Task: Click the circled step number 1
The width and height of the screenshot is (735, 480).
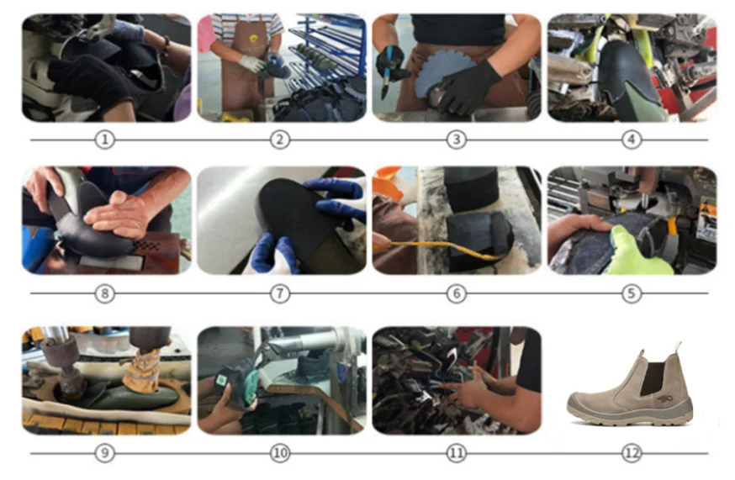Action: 105,140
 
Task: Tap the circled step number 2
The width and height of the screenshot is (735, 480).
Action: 280,140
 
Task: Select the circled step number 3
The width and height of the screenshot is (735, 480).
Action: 456,140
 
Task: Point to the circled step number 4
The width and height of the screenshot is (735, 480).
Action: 632,140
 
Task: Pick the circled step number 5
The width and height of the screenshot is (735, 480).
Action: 632,293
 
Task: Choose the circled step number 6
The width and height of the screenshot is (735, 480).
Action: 456,293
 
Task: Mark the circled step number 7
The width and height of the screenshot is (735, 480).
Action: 280,293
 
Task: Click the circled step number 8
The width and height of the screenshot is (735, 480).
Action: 105,293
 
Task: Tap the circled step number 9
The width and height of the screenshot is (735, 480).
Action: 105,453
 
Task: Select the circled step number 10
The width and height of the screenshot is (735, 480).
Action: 280,453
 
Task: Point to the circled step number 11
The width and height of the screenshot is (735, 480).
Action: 456,453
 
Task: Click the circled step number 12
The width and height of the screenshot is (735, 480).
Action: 632,453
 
